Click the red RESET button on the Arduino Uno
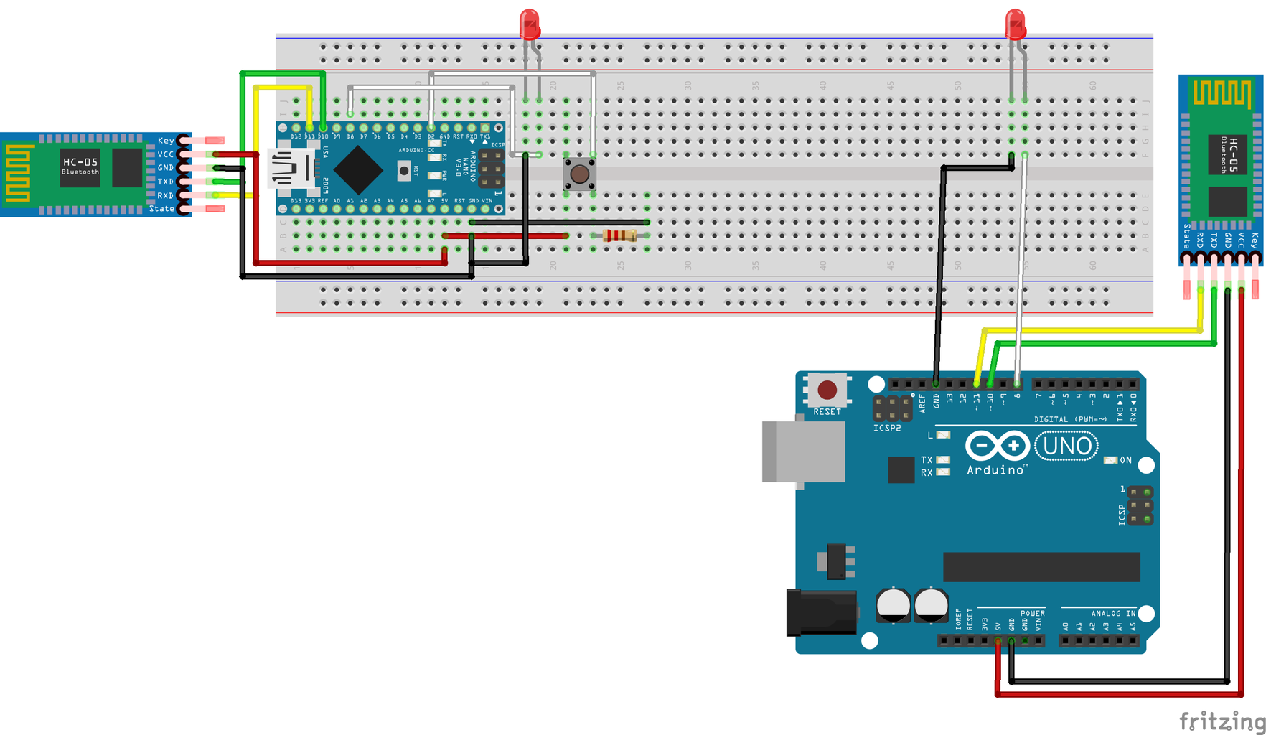coord(827,390)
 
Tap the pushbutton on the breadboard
coord(579,174)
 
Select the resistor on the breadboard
coord(619,235)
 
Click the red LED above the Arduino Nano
coord(529,24)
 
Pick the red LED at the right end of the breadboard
coord(1016,24)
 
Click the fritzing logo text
coord(1222,721)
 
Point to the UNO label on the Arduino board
coord(1066,446)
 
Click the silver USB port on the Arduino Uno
coord(803,451)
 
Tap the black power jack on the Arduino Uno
coord(822,612)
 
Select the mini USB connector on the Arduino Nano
coord(293,170)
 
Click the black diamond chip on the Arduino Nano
coord(357,170)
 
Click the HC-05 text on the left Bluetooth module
coord(80,162)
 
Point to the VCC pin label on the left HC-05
coord(165,154)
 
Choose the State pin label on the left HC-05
coord(161,209)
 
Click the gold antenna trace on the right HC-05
coord(1220,94)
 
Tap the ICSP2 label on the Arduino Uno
coord(887,428)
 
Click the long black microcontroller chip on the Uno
coord(1041,566)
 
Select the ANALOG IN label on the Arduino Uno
coord(1113,613)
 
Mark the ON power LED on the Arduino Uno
coord(1111,460)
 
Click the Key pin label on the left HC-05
coord(165,141)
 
